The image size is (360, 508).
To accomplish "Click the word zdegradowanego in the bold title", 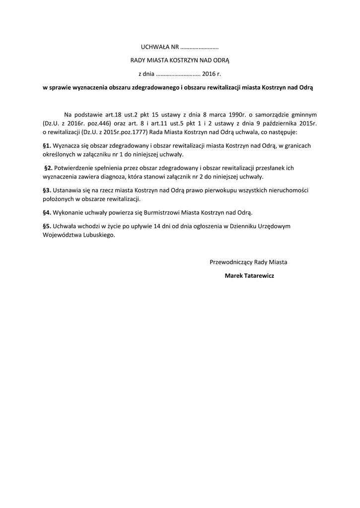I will tap(153, 87).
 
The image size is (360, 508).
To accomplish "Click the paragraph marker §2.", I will tap(49, 168).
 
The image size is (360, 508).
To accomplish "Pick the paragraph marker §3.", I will tap(47, 190).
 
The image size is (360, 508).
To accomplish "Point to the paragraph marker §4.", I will tap(47, 212).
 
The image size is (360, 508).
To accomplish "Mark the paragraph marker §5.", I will tap(47, 226).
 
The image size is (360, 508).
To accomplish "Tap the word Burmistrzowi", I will tap(148, 212).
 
